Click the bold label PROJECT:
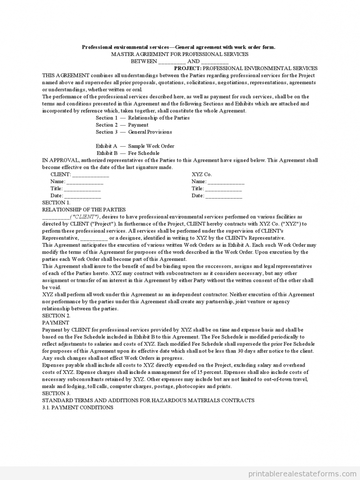(188, 68)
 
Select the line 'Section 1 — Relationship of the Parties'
(142, 118)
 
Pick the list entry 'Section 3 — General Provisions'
(134, 132)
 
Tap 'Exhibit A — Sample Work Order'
(135, 146)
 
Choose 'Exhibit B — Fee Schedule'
(128, 153)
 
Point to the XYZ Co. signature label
(202, 174)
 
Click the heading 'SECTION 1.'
(56, 203)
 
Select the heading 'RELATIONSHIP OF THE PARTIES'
(84, 210)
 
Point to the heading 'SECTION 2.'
(56, 316)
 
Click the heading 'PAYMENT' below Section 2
(56, 323)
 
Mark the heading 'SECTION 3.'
(56, 393)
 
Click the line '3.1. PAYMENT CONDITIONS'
(77, 408)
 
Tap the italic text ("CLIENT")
(85, 217)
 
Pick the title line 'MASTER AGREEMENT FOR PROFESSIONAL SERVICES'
(180, 54)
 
